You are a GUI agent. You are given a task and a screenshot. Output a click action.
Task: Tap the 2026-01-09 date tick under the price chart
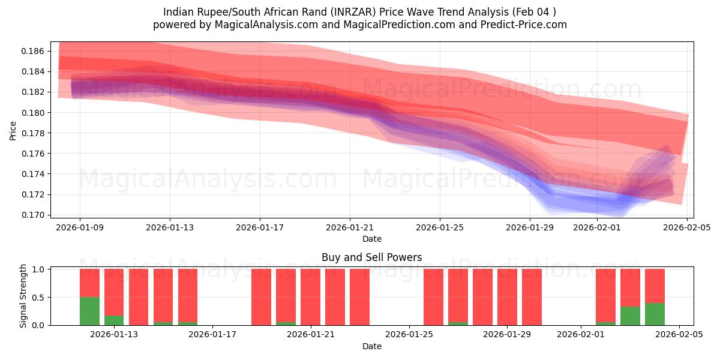coord(80,227)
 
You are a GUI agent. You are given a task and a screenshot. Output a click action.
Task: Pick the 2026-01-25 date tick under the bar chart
coord(409,335)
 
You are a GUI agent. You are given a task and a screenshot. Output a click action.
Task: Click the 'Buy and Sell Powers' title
coord(371,257)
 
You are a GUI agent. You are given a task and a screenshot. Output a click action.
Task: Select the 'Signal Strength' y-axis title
coord(23,296)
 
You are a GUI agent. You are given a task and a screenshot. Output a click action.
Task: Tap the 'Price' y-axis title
coord(13,130)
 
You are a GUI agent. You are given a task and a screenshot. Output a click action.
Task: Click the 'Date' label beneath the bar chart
coord(371,346)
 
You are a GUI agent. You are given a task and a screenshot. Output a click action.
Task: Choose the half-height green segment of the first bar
coord(89,311)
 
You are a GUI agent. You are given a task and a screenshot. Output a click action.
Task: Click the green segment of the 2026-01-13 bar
coord(114,320)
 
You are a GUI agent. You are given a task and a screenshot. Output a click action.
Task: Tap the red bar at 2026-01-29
coord(507,297)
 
